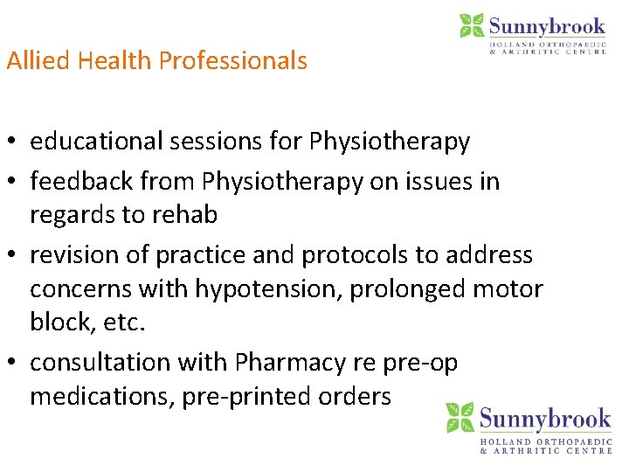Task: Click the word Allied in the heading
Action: click(x=38, y=60)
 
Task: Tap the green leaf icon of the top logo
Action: click(x=472, y=25)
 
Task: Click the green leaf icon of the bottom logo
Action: click(x=460, y=419)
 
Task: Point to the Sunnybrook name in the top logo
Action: click(x=547, y=25)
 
